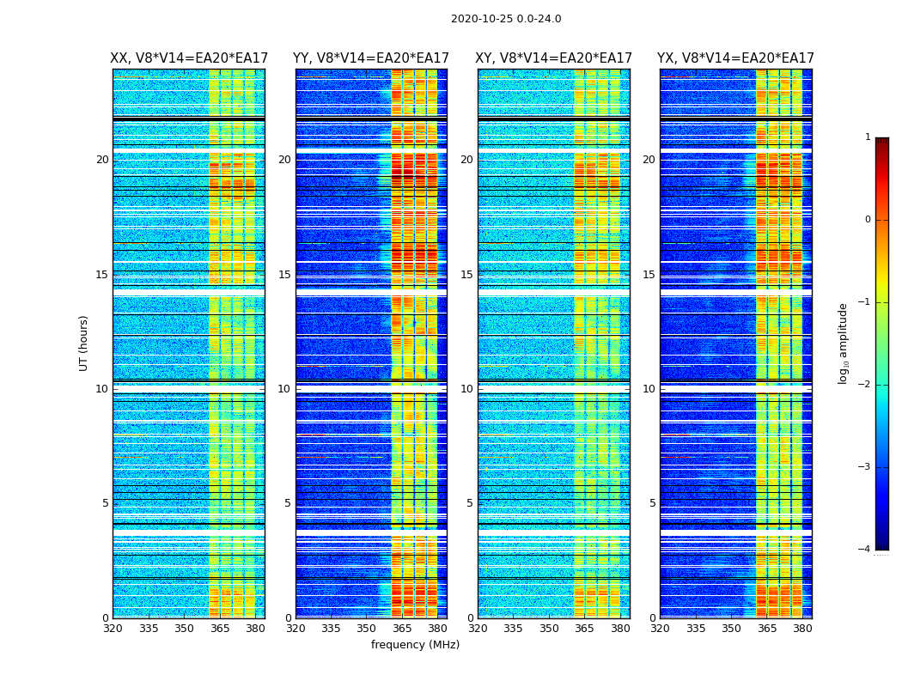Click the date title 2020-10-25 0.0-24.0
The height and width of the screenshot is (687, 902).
point(506,19)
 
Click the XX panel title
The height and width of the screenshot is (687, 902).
point(189,58)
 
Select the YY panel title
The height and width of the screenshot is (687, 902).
point(371,58)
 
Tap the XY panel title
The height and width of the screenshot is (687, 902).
point(553,58)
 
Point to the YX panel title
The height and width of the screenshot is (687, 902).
point(735,58)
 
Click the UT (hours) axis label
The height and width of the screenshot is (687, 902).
point(84,343)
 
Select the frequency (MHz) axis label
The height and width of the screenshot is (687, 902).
point(415,645)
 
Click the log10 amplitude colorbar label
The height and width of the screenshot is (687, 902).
point(844,343)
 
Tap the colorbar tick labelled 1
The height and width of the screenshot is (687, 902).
point(868,137)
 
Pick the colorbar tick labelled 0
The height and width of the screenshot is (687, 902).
point(868,220)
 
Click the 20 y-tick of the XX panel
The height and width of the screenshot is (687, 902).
point(102,160)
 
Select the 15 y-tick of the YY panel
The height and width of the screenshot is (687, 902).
point(284,275)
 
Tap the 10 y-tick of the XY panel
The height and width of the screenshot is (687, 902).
point(466,389)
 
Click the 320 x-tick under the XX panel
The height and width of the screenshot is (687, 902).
point(113,629)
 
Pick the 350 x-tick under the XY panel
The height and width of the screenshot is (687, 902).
point(549,629)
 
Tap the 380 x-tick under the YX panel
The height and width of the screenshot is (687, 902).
point(802,629)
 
